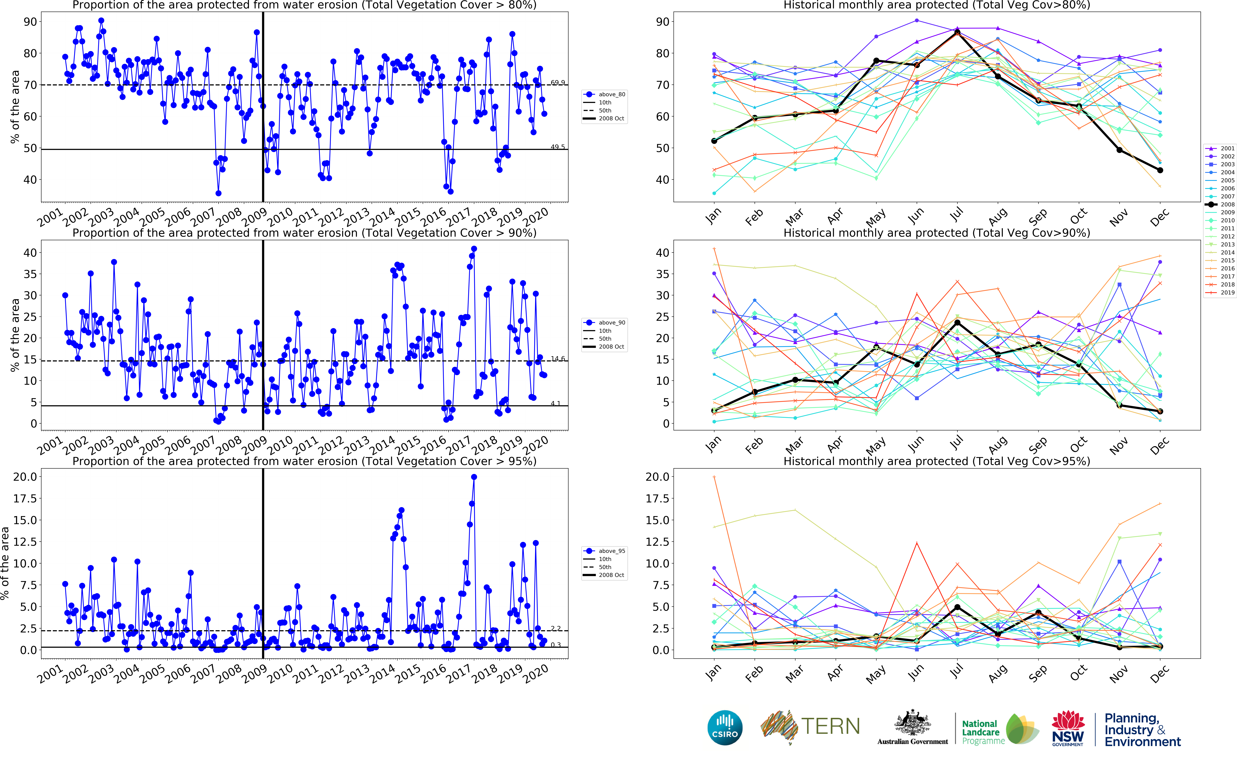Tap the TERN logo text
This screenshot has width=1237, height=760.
pos(830,726)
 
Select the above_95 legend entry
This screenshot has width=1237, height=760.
pos(604,551)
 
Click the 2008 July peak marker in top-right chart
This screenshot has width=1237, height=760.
pos(957,32)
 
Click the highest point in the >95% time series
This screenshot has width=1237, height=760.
pos(474,477)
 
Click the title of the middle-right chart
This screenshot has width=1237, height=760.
pos(937,233)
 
